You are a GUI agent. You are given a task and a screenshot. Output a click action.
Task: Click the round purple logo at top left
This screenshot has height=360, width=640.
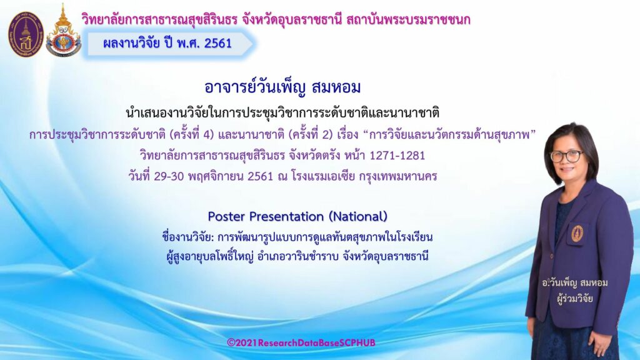[25, 34]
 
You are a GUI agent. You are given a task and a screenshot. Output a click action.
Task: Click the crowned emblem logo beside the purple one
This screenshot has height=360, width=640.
[63, 31]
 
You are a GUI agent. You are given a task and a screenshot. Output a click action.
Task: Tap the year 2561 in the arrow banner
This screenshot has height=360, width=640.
[218, 43]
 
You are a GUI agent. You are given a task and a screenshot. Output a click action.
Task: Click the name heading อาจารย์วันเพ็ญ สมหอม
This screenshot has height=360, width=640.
[282, 87]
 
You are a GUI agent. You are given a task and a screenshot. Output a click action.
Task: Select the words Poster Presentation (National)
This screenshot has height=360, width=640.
[297, 216]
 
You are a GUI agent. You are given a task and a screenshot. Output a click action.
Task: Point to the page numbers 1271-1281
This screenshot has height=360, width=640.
[397, 156]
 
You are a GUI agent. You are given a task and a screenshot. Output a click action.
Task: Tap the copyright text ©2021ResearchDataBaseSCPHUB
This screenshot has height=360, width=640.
[301, 342]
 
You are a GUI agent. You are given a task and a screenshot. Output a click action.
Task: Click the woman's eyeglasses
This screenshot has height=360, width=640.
[567, 156]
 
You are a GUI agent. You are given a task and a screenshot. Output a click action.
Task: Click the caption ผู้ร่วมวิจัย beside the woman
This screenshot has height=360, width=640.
[575, 298]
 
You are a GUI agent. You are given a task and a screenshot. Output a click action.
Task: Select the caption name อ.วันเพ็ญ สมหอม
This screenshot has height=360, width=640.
[575, 282]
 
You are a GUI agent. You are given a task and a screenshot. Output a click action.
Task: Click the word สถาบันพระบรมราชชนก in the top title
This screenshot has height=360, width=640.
[408, 19]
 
